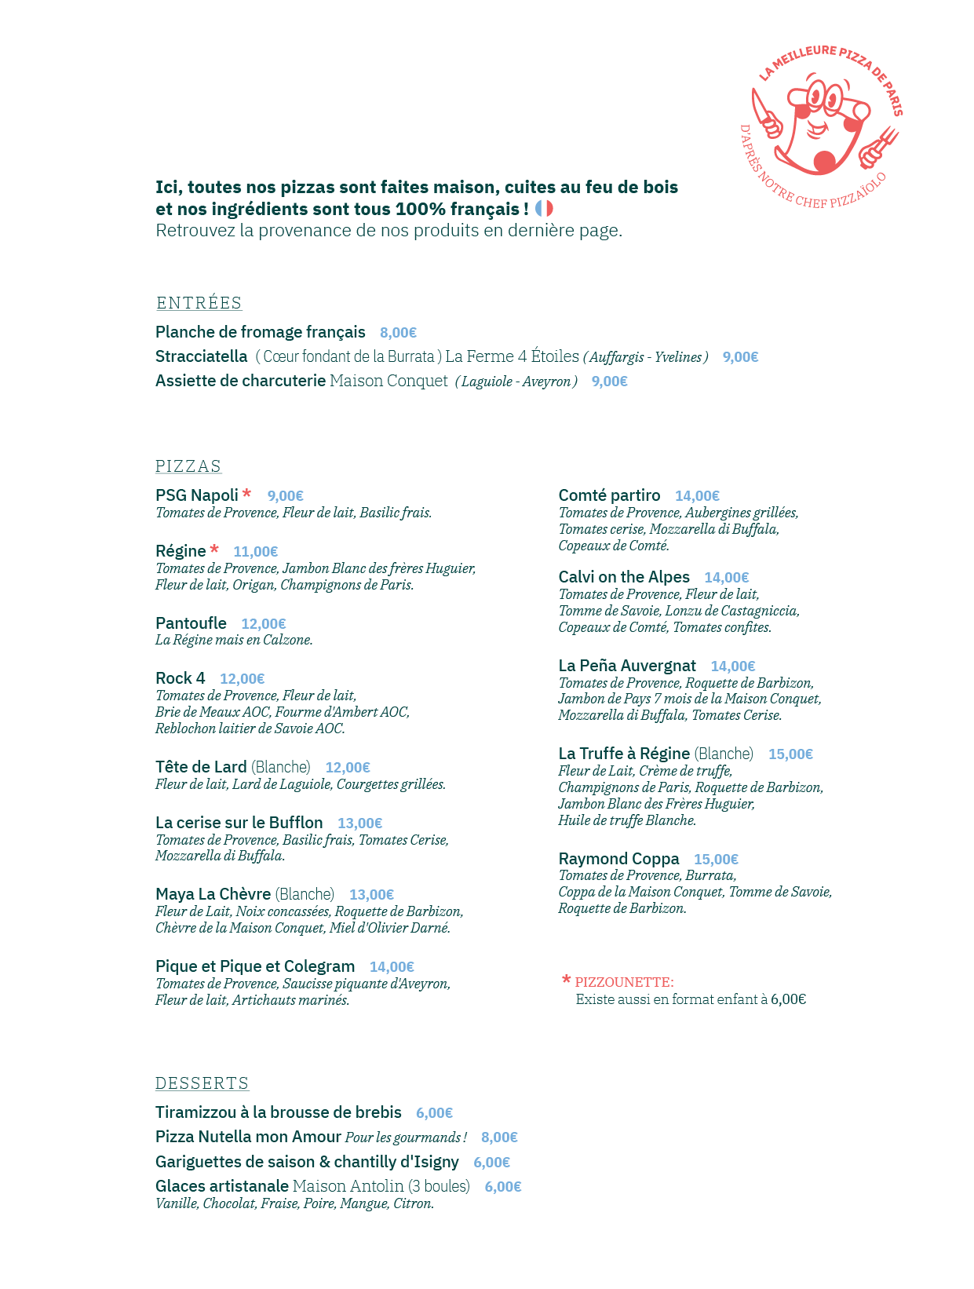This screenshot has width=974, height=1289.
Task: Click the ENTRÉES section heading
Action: pos(199,303)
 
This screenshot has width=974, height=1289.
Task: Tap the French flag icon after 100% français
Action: pos(544,209)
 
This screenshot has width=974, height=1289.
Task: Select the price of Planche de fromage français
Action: pos(398,333)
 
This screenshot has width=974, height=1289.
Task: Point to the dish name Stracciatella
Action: pos(201,356)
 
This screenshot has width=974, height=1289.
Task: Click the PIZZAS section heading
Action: pos(188,466)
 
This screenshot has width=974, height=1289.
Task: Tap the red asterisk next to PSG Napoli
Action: pos(246,494)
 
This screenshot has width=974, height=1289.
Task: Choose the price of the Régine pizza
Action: pos(255,552)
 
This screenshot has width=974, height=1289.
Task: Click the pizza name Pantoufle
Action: pos(191,623)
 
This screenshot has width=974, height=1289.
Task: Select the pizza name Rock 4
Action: pos(180,678)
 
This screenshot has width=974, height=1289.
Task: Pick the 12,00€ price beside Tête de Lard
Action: pos(348,768)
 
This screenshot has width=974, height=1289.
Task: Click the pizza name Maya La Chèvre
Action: pos(213,894)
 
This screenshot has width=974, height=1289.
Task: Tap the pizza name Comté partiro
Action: pos(609,495)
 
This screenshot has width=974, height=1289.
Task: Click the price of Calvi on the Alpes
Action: pos(726,578)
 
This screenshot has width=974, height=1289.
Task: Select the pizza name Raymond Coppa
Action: pos(618,859)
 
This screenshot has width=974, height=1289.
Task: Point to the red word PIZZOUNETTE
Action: pos(624,982)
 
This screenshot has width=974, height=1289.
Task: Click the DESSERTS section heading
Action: pos(202,1083)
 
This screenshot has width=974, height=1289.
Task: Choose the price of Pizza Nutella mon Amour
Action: pos(499,1137)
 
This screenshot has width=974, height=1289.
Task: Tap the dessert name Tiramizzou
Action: pos(195,1112)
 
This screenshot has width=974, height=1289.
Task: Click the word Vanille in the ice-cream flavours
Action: pos(177,1203)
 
